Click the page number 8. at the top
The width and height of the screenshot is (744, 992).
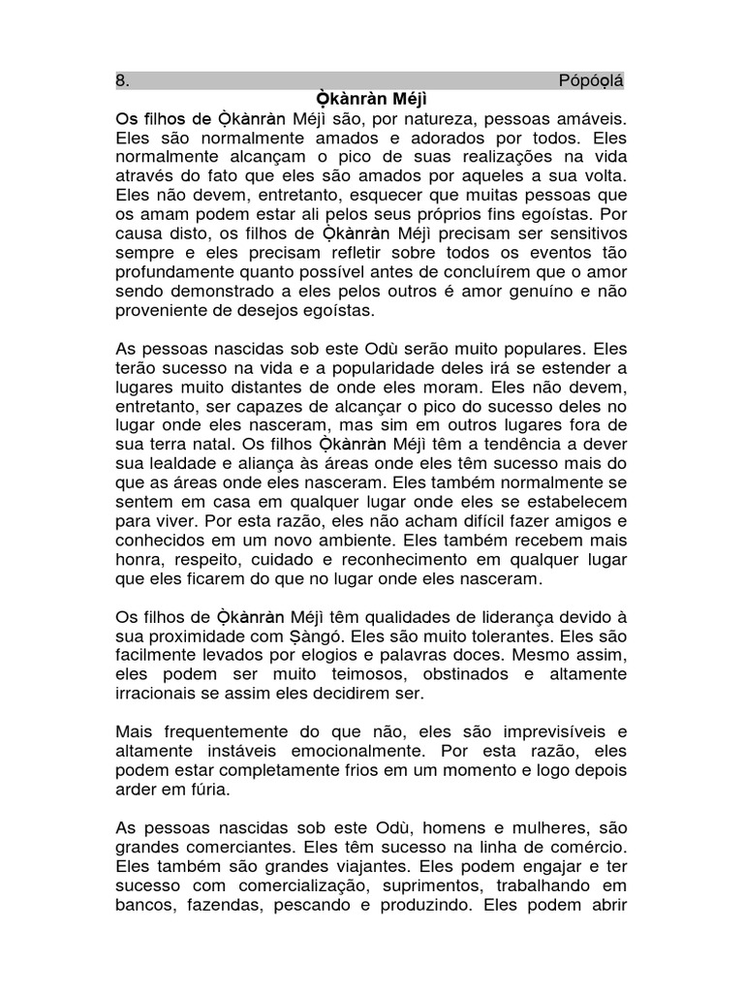pos(123,80)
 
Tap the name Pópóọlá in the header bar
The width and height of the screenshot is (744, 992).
pos(592,80)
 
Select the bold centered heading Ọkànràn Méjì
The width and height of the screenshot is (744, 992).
pos(372,99)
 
